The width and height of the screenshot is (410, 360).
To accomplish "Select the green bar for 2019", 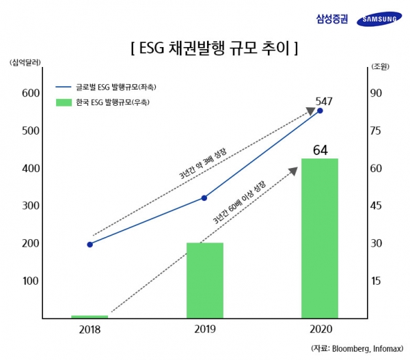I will (x=205, y=280).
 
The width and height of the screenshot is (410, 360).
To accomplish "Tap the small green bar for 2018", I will (x=90, y=316).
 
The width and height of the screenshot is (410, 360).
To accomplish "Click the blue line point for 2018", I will (x=90, y=244).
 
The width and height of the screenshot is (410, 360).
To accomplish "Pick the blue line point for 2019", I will (x=205, y=198).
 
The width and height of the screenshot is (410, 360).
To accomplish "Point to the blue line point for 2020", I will (x=320, y=111).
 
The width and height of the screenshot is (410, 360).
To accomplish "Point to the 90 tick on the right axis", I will (x=376, y=93).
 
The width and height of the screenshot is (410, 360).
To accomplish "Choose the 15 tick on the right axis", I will (x=376, y=281).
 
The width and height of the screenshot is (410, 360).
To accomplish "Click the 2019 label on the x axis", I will (x=204, y=329).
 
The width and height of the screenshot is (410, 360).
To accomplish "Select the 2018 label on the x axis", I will (x=90, y=329).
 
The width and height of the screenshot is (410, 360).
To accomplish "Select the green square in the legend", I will (x=64, y=102).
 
